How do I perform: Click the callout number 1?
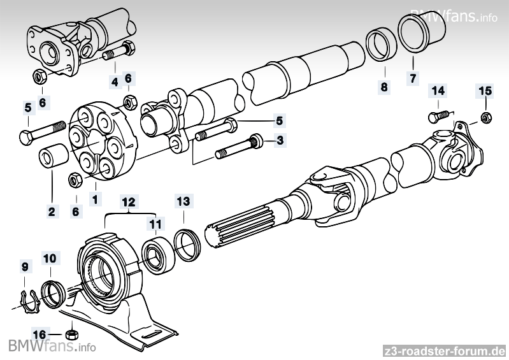(x=95, y=199)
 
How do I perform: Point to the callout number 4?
(x=114, y=82)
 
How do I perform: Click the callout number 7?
(x=412, y=80)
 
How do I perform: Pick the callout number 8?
(x=384, y=87)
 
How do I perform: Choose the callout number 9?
(x=25, y=265)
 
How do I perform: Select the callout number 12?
(x=129, y=203)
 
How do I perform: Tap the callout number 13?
(x=183, y=202)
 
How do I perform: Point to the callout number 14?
(x=438, y=91)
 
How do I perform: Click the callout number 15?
(x=485, y=92)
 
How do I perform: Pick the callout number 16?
(x=39, y=333)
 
